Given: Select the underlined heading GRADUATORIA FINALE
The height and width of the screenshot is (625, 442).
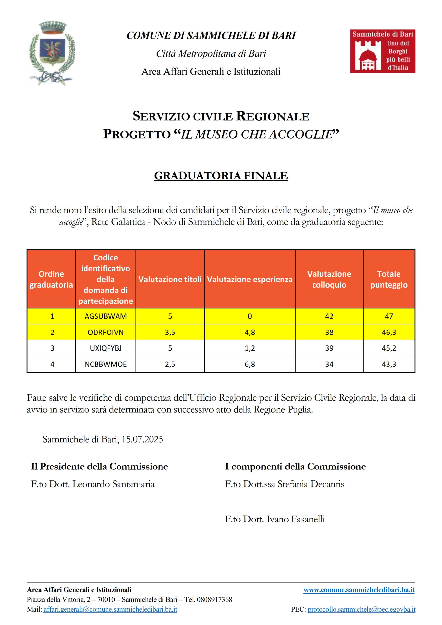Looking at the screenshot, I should [x=221, y=176].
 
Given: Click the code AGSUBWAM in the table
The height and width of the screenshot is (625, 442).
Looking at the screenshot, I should [x=106, y=316].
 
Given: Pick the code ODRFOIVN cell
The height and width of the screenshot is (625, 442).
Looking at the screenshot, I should [x=106, y=332].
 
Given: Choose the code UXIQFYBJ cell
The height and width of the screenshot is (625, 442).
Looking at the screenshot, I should [x=106, y=348].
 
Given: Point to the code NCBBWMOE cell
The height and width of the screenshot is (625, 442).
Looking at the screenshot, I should [x=106, y=364].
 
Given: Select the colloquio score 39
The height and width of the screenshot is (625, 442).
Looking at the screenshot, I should [x=329, y=348].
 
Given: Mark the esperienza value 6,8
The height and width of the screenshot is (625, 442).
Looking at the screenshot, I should [x=250, y=364].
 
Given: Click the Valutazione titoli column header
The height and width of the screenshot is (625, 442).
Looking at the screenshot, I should [x=170, y=279].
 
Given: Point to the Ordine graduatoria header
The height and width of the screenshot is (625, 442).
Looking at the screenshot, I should [x=51, y=279].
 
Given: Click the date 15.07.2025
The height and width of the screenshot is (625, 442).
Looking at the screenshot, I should [x=142, y=439].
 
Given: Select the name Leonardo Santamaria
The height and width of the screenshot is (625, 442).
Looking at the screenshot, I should [x=113, y=484].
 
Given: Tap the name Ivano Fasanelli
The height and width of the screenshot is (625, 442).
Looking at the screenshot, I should [x=295, y=519].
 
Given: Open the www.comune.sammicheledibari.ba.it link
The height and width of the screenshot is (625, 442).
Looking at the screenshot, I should [x=359, y=590].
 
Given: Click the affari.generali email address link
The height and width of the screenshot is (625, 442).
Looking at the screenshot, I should [x=110, y=609].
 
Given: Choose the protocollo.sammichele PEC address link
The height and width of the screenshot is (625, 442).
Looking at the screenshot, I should [x=361, y=609].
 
